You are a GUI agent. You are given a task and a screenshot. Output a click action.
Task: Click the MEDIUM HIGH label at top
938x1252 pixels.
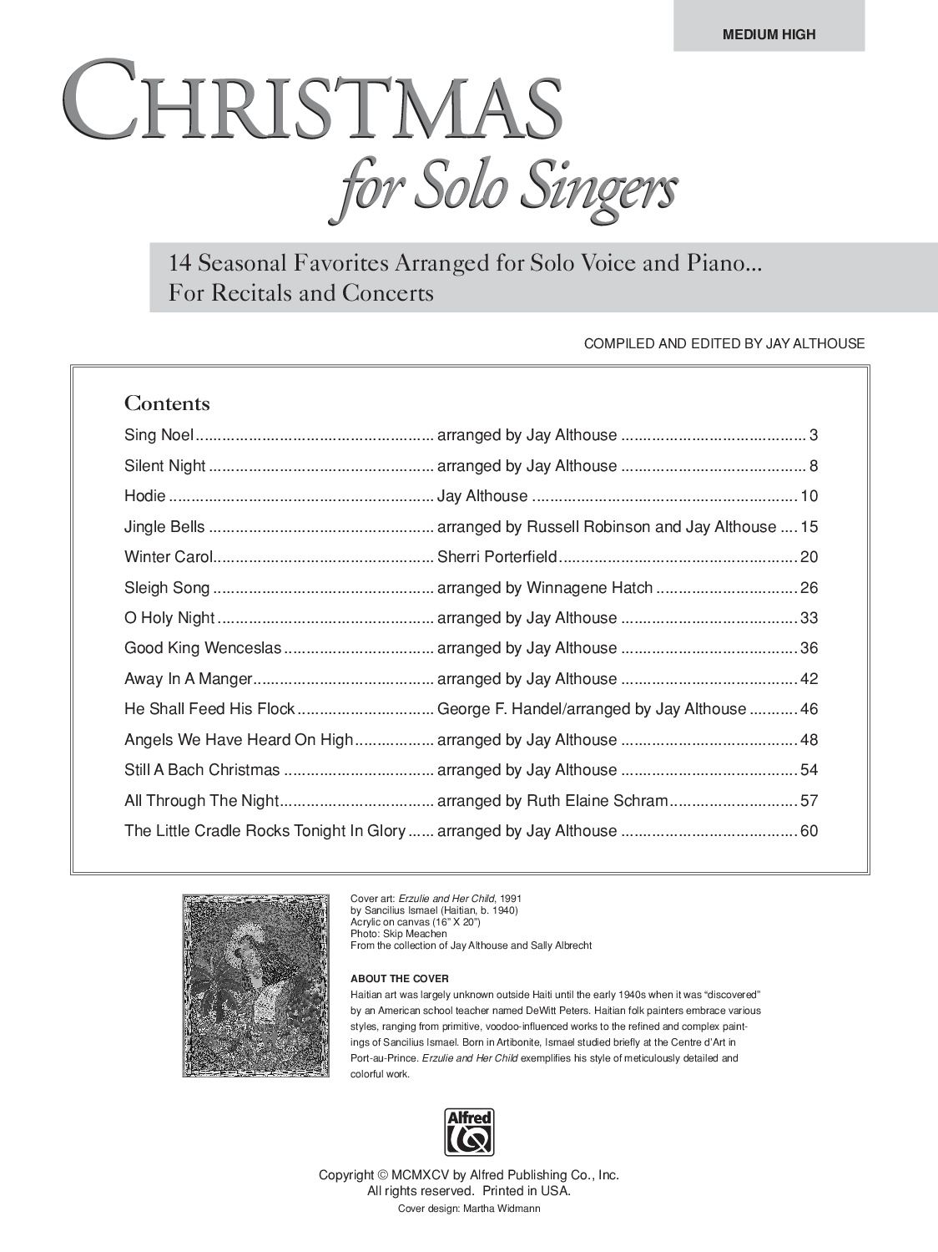pyautogui.click(x=769, y=34)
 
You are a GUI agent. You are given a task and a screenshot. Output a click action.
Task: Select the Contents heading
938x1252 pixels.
pyautogui.click(x=167, y=404)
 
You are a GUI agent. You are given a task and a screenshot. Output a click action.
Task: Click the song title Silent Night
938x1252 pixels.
pyautogui.click(x=164, y=466)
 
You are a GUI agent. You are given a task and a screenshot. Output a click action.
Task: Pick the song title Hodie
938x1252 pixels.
pyautogui.click(x=145, y=496)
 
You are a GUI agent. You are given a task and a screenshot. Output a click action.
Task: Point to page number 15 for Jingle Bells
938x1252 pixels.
pyautogui.click(x=809, y=527)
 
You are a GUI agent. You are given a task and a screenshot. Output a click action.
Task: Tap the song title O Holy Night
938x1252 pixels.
pyautogui.click(x=169, y=618)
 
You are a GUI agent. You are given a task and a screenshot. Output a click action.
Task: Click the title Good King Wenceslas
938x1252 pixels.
pyautogui.click(x=203, y=648)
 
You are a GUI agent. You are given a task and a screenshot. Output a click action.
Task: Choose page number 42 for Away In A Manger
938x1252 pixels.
pyautogui.click(x=809, y=679)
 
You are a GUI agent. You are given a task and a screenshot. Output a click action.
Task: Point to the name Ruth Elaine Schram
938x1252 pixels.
pyautogui.click(x=598, y=801)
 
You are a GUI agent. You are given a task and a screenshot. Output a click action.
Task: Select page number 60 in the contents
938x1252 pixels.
pyautogui.click(x=809, y=831)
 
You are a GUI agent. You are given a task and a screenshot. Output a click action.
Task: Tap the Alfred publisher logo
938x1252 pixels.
pyautogui.click(x=469, y=1132)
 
